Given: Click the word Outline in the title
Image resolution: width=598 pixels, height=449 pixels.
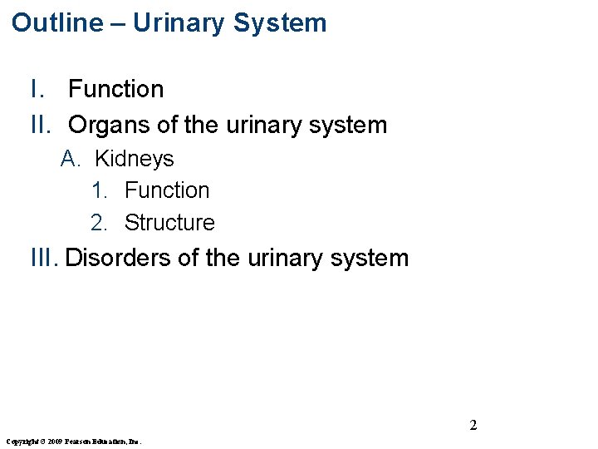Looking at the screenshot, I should [56, 22].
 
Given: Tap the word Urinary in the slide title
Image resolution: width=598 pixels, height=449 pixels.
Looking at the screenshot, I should [179, 22].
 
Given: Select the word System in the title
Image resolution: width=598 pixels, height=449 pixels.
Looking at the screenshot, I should [280, 22].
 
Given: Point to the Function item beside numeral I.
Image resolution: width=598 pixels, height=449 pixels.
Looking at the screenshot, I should [115, 89].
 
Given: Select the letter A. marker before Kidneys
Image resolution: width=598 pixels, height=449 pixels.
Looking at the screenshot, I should [70, 159].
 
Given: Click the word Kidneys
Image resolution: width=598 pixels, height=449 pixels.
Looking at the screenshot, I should [134, 159].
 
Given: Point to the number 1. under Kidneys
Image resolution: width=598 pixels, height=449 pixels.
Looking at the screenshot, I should [100, 190].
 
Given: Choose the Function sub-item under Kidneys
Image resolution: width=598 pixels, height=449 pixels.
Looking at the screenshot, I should [167, 190].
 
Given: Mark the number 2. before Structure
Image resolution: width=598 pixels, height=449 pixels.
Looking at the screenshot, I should [100, 223].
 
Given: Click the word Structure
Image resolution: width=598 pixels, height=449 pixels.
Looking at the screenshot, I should [169, 223].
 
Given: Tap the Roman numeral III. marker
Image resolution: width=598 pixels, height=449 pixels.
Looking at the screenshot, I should [45, 258].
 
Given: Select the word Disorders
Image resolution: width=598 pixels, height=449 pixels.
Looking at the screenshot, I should [118, 258].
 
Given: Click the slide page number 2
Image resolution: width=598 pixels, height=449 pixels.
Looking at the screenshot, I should [473, 426].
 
